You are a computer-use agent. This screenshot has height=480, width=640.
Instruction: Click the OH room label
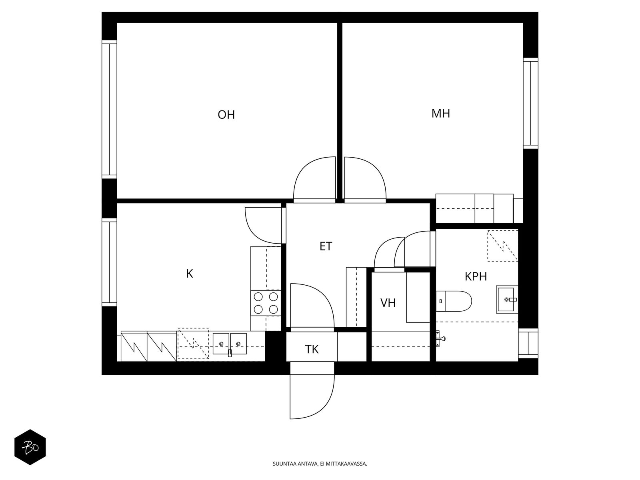(x=226, y=114)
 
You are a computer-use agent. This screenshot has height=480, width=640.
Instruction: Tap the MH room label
(x=440, y=113)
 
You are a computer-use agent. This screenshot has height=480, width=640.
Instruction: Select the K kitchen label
(x=190, y=274)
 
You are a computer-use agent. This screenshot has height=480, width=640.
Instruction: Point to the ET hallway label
(x=326, y=246)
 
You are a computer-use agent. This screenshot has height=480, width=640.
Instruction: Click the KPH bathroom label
(x=476, y=276)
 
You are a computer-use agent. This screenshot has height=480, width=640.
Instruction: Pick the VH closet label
(x=388, y=303)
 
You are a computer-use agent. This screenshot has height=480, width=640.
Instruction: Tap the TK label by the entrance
(x=312, y=349)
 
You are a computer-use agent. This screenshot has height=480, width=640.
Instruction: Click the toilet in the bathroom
(x=454, y=301)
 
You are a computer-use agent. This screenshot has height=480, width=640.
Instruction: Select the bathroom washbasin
(x=507, y=299)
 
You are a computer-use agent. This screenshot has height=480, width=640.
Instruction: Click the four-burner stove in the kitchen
(x=266, y=303)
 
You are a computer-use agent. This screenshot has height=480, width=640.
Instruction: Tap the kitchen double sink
(x=230, y=344)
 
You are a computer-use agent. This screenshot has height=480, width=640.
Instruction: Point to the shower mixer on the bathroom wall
(x=440, y=339)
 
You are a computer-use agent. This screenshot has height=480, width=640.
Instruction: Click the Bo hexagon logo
(x=30, y=447)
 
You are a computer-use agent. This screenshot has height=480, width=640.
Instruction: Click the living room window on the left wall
(x=109, y=109)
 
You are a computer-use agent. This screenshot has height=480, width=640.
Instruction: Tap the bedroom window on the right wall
(x=530, y=103)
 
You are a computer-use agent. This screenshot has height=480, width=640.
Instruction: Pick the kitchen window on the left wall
(x=109, y=262)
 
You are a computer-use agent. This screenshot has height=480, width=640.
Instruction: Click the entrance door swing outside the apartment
(x=312, y=397)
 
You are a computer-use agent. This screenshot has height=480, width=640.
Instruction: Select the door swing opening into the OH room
(x=314, y=179)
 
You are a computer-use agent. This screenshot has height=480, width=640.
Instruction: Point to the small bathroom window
(x=528, y=343)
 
